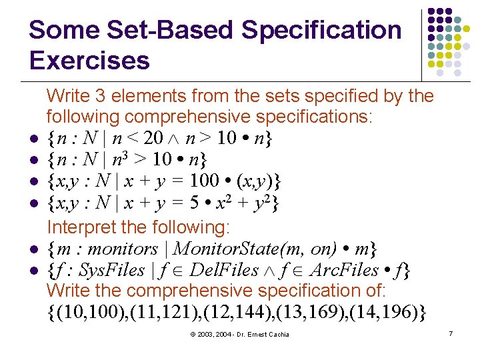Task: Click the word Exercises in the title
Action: tap(89, 61)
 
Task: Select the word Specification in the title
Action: tap(322, 30)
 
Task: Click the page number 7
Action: tap(451, 332)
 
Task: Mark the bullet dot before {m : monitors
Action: tap(32, 250)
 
